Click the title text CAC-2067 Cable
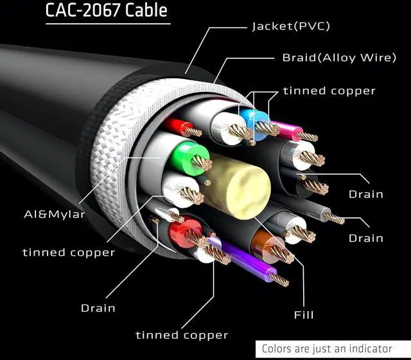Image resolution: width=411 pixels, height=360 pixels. (x=106, y=11)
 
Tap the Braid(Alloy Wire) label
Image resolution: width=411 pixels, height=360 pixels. (x=338, y=58)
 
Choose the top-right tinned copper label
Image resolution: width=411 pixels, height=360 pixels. (x=329, y=91)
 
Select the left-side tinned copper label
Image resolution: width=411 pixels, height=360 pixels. (x=69, y=252)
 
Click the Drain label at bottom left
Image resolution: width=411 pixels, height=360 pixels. (x=98, y=308)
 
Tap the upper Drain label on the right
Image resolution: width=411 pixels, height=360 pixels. (x=365, y=194)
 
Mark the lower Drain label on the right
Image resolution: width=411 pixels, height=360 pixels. (x=365, y=239)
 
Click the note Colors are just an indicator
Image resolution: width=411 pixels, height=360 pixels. (x=327, y=349)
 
